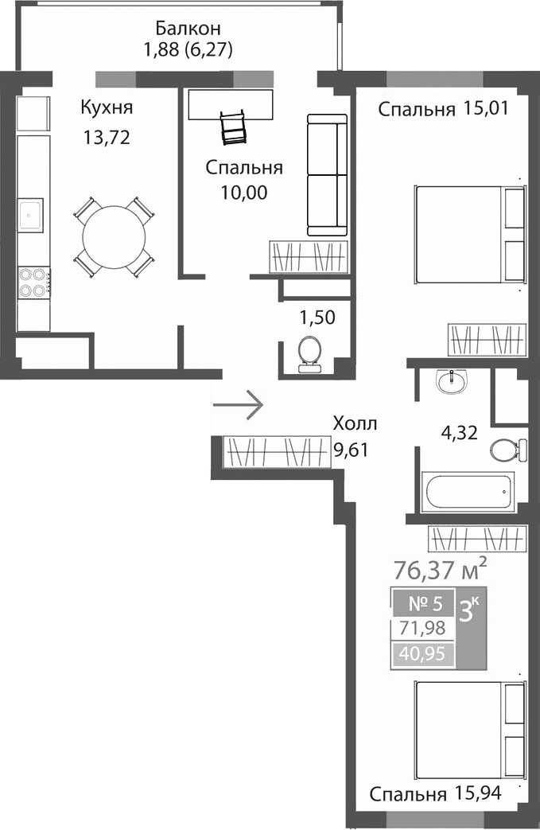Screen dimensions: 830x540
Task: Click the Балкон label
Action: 183,29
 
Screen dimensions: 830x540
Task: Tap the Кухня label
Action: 106,108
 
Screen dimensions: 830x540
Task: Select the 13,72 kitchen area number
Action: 106,138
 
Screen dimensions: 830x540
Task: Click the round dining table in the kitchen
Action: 114,237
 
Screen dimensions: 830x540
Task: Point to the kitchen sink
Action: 33,212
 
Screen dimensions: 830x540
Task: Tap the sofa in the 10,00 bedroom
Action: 327,175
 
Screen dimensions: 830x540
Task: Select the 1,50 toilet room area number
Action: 317,318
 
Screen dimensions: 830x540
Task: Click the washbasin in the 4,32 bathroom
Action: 453,381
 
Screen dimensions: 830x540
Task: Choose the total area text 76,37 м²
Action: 440,570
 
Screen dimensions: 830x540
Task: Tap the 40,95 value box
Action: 423,656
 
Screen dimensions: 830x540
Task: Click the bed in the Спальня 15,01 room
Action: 469,234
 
